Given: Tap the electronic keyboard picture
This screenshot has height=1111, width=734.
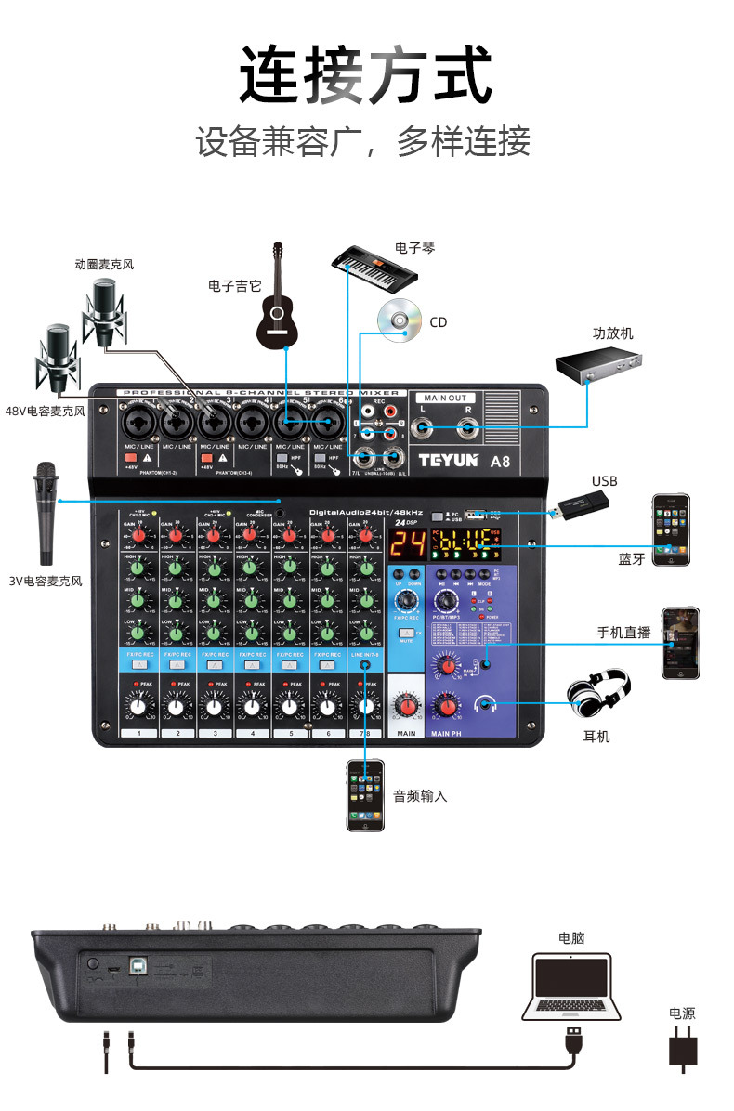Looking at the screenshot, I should tap(381, 268).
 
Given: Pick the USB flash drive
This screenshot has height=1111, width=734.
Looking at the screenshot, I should tap(583, 505).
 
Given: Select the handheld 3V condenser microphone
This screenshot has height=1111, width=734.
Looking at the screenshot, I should tap(46, 511).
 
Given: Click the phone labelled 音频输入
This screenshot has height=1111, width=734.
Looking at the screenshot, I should tap(365, 795).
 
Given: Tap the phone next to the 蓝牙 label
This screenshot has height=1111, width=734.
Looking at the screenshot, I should tap(671, 529).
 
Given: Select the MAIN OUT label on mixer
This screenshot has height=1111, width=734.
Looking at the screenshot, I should tap(446, 398).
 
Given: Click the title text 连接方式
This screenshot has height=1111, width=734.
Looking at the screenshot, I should tap(365, 74).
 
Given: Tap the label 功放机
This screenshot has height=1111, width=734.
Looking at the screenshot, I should tap(613, 333).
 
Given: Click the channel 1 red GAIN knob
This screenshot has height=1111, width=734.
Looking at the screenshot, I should tap(139, 534).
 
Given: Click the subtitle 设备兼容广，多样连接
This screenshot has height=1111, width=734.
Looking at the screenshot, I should tap(363, 142).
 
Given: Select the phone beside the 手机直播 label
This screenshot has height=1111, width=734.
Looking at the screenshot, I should tap(680, 643).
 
